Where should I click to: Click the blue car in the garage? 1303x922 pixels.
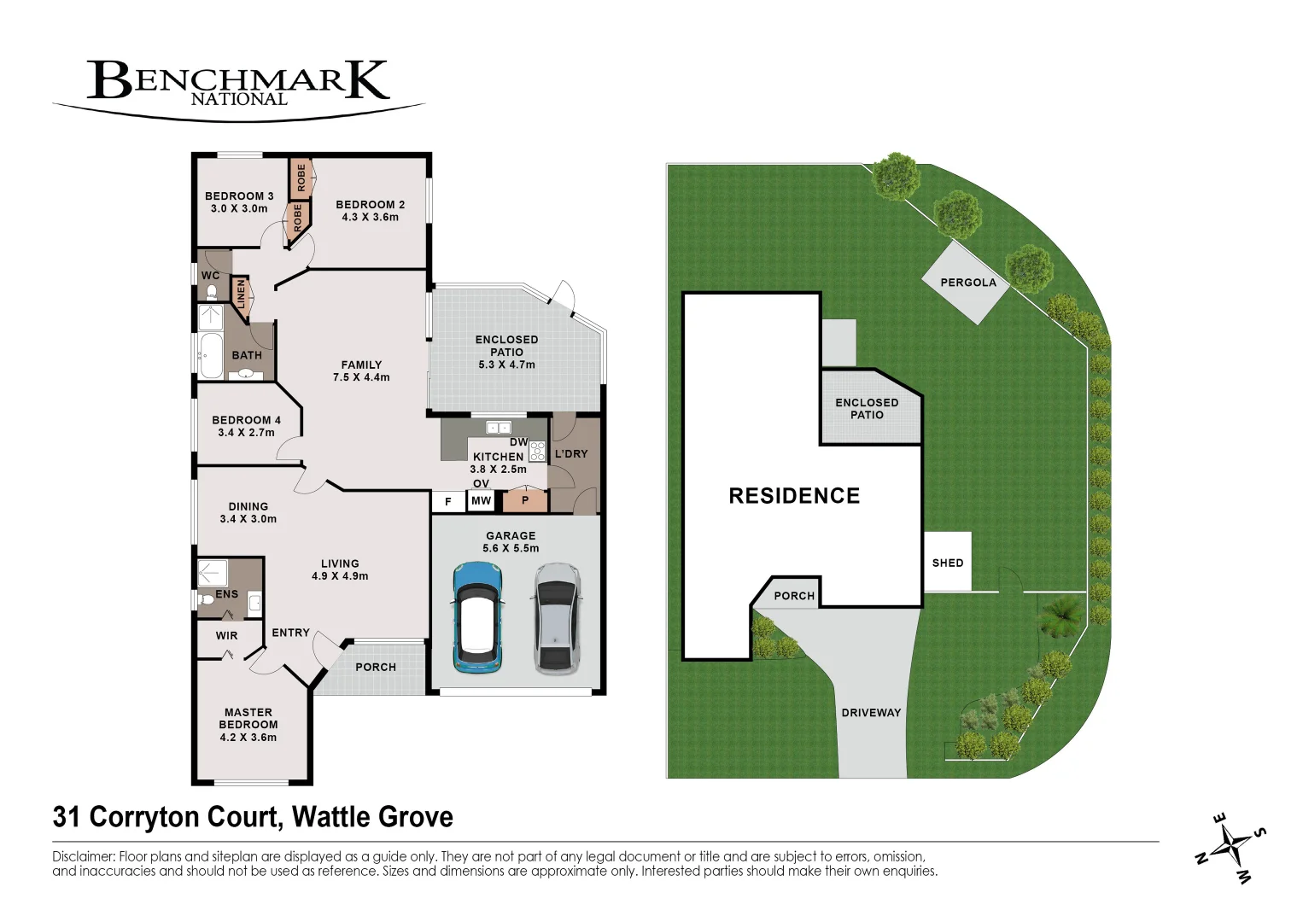coord(478,616)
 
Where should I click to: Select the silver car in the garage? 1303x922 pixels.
coord(556,616)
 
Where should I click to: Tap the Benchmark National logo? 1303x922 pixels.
coord(238,85)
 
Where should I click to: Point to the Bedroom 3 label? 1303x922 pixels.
coord(239,196)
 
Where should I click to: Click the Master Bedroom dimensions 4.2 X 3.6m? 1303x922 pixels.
coord(248,738)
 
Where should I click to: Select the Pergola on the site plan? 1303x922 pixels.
coord(967,283)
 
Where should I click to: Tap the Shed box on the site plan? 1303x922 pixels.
coord(948,562)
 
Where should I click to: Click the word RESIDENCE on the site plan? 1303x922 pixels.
coord(794,496)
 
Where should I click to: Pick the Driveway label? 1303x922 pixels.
coord(871,712)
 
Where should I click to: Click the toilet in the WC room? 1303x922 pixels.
coord(213,293)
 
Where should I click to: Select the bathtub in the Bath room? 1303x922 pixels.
coord(210,354)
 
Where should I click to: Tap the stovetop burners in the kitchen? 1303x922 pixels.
coord(537,452)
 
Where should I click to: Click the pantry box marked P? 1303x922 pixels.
coord(525,500)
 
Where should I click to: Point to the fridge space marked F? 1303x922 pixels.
coord(448,502)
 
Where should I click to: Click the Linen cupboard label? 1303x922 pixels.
coord(241,295)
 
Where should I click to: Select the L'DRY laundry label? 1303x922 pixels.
coord(571,454)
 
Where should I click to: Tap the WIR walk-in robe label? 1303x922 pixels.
coord(226,636)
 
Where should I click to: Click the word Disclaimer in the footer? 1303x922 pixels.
coord(83,856)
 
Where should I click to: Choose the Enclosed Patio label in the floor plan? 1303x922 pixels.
coord(506,346)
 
